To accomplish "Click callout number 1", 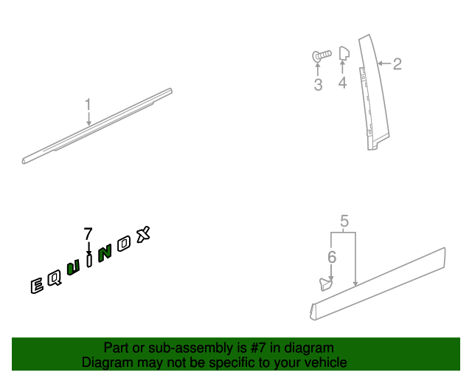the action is point(88,105).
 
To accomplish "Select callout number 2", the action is point(398,64).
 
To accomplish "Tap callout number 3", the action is point(318,84).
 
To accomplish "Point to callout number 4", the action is point(342,83).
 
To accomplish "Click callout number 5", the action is point(344,221).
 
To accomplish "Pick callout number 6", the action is point(332,257).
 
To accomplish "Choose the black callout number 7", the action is point(88,233).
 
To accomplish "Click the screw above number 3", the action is point(322,56).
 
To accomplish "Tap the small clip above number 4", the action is point(344,53).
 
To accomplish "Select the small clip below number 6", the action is point(326,284).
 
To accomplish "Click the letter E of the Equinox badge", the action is point(37,285).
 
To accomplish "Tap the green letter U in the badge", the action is point(74,267).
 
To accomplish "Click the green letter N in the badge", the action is point(105,253).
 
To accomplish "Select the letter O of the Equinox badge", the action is point(124,244).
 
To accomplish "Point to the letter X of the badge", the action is point(143,234).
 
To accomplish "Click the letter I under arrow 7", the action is point(89,261).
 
